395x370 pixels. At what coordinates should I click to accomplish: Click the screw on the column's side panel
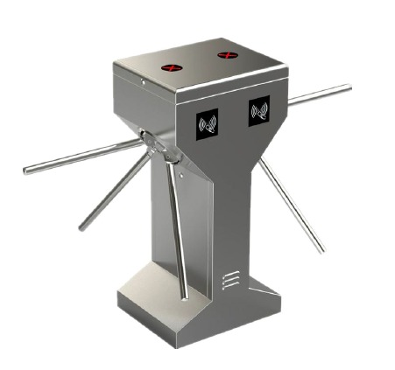[178, 178]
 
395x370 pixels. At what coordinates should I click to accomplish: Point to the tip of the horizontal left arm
[27, 171]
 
